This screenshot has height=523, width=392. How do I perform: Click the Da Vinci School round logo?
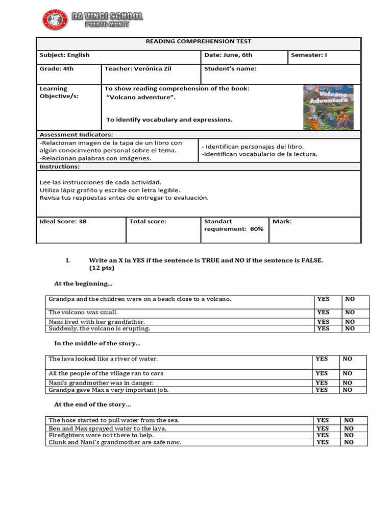tap(54, 20)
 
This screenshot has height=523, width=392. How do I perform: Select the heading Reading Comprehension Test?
tap(199, 41)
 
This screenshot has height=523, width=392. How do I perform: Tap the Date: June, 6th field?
tap(228, 55)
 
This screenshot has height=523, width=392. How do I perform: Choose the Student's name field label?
tap(230, 68)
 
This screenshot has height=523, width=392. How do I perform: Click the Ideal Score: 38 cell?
tap(63, 222)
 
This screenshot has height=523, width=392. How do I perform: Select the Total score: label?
tap(148, 222)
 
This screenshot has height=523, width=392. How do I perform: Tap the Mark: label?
tap(282, 222)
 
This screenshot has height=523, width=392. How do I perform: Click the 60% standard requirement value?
tap(256, 229)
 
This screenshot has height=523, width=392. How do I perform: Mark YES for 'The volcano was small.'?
tap(323, 312)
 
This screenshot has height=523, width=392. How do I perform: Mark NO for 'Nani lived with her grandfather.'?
tap(350, 322)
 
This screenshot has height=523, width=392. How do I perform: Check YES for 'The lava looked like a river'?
tap(322, 359)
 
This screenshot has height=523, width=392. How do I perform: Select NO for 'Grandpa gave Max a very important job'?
tap(347, 390)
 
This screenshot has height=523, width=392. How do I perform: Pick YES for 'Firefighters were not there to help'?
tap(323, 435)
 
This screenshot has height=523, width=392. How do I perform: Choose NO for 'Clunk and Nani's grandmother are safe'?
tap(349, 442)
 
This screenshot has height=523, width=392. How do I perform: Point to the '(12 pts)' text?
tap(102, 268)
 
